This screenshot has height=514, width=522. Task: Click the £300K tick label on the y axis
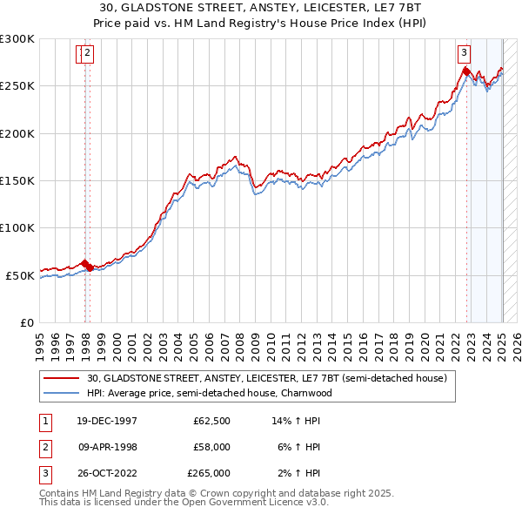click(17, 39)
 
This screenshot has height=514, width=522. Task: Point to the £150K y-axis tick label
click(17, 181)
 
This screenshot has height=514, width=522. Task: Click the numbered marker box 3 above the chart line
click(465, 52)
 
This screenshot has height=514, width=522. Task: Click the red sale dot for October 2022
click(466, 72)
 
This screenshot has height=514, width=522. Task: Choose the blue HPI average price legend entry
click(210, 393)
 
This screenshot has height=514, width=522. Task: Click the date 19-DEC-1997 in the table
click(106, 421)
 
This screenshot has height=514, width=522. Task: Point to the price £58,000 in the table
click(211, 447)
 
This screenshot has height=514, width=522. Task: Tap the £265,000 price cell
click(209, 473)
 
